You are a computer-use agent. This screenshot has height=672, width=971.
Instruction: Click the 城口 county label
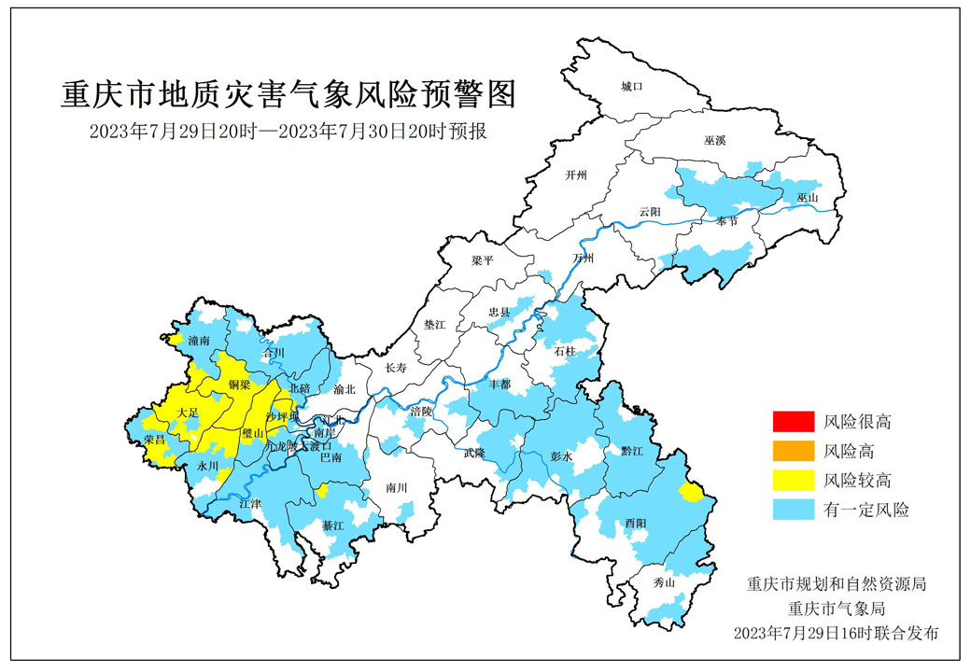[x=632, y=87]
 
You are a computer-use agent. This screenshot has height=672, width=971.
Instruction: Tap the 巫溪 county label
[x=715, y=140]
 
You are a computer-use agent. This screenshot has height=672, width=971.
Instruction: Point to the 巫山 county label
[x=808, y=199]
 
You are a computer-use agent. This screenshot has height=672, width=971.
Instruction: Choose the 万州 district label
[x=583, y=259]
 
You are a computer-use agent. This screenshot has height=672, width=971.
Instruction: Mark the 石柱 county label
[x=566, y=352]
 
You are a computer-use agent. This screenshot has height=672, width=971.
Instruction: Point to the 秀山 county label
[x=664, y=582]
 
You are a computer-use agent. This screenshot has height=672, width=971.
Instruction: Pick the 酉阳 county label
[x=636, y=524]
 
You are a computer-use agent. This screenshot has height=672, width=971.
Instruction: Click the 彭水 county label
[x=560, y=458]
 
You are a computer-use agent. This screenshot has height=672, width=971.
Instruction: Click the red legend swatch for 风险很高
[x=793, y=422]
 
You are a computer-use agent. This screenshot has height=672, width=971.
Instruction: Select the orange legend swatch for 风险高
[x=793, y=452]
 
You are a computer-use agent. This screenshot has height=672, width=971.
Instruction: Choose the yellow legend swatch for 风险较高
[x=793, y=481]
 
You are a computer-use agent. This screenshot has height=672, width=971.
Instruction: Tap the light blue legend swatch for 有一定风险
[x=793, y=510]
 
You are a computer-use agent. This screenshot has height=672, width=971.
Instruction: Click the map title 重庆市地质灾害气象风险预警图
[x=288, y=94]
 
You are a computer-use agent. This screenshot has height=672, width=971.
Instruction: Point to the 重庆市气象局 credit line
[x=836, y=609]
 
